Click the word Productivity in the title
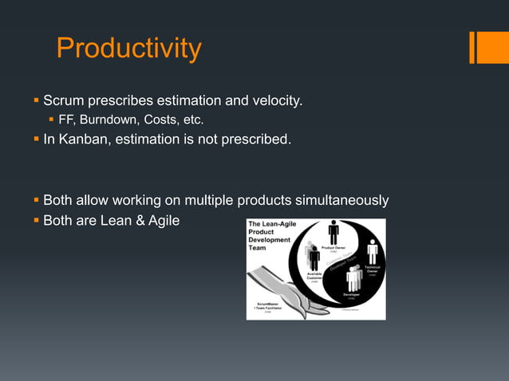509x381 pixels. click(128, 49)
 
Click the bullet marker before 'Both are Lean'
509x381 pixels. click(36, 219)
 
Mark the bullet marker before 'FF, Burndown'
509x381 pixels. click(52, 120)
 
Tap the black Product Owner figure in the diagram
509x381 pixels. click(333, 232)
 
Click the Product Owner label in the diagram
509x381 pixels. click(333, 249)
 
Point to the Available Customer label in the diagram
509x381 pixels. click(314, 276)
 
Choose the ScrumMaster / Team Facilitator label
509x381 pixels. click(266, 307)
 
